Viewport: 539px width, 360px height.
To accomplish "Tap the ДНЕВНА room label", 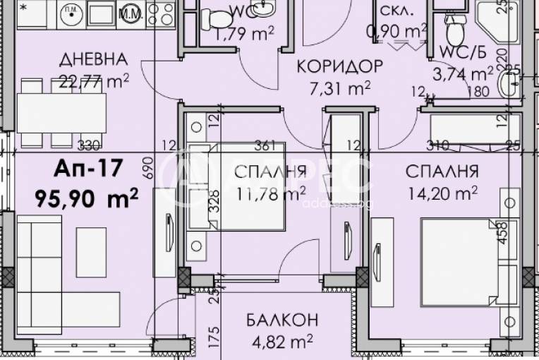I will (x=94, y=59).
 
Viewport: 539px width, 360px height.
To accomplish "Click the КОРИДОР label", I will (x=340, y=67).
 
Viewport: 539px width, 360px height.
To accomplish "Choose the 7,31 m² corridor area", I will (x=340, y=90).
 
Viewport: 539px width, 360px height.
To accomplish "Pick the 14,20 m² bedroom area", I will (x=442, y=192).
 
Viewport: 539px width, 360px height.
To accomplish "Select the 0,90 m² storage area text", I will (x=398, y=31).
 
